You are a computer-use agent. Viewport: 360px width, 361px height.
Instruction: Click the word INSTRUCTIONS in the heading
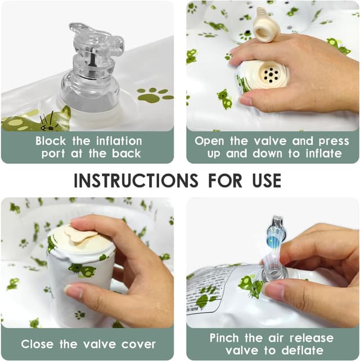click(136, 180)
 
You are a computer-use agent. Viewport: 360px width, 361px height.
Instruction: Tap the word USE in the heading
click(267, 180)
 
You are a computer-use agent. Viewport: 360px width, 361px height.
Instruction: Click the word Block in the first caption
click(51, 141)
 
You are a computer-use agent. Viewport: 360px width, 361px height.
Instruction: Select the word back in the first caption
click(127, 154)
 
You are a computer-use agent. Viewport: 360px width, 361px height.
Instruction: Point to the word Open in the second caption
click(209, 141)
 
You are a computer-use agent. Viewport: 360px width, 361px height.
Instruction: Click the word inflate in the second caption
click(323, 154)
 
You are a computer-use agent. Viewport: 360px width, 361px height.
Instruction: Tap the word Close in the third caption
click(37, 344)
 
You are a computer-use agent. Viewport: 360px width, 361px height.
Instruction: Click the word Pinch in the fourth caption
click(224, 338)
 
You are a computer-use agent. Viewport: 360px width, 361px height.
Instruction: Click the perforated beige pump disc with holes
click(271, 74)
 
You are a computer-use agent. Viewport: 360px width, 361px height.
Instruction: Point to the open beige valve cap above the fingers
click(267, 25)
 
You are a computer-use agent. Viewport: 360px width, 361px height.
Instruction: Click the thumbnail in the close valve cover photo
click(73, 291)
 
